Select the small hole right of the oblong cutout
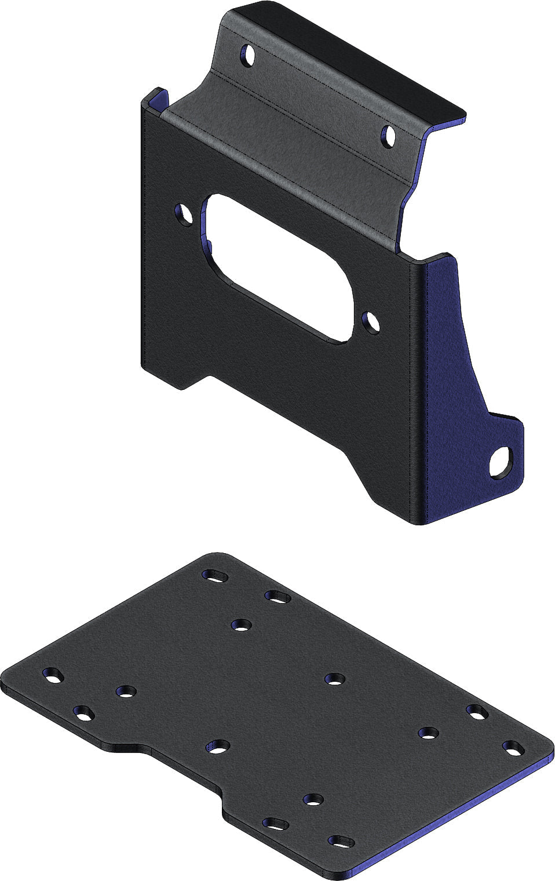[371, 322]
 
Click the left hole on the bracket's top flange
[249, 56]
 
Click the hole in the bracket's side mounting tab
[499, 463]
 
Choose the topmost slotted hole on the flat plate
[215, 575]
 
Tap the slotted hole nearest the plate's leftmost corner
[53, 675]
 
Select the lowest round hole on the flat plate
[313, 800]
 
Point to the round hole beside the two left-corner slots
[125, 691]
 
